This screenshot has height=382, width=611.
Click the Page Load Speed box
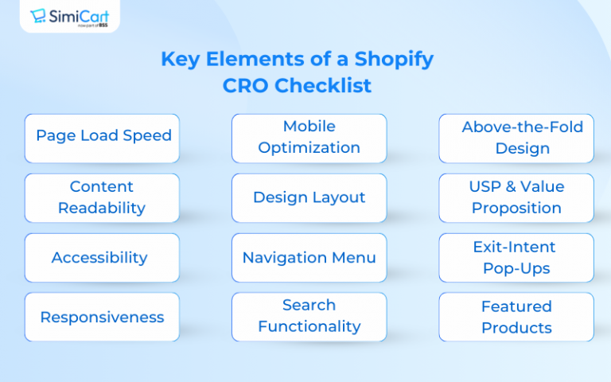[x=103, y=137]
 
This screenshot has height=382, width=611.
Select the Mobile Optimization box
[x=309, y=138]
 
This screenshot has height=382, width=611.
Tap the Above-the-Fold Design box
[x=516, y=138]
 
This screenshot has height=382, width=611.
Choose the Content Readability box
[x=103, y=197]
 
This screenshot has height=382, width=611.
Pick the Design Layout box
[x=309, y=197]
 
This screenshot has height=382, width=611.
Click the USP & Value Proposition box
[x=516, y=197]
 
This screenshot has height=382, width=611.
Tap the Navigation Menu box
[x=309, y=258]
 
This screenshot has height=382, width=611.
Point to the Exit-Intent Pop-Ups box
[x=516, y=258]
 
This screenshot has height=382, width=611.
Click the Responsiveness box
[x=103, y=317]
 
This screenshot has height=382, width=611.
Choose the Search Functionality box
[x=309, y=316]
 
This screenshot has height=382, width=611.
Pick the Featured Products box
[x=516, y=317]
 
